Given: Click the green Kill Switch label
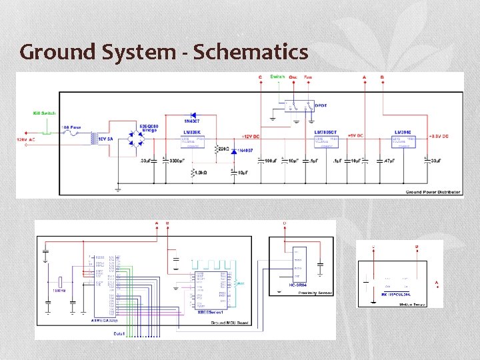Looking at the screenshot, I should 44,113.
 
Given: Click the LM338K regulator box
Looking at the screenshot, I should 194,139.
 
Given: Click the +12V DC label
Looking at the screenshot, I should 251,136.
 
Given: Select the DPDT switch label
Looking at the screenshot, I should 321,105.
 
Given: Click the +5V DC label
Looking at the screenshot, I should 355,136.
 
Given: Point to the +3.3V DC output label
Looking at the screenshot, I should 436,136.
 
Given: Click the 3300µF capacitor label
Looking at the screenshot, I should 178,161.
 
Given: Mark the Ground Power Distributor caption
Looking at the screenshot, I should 433,192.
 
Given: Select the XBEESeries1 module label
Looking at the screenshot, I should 209,311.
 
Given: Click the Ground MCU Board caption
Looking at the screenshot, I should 231,323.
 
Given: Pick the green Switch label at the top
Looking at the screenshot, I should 277,77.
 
